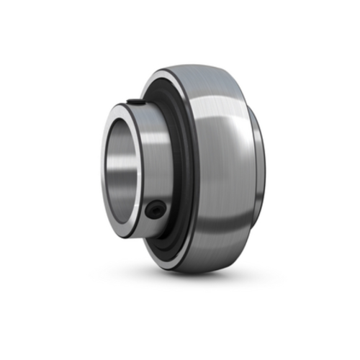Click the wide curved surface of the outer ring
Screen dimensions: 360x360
tap(216, 166)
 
